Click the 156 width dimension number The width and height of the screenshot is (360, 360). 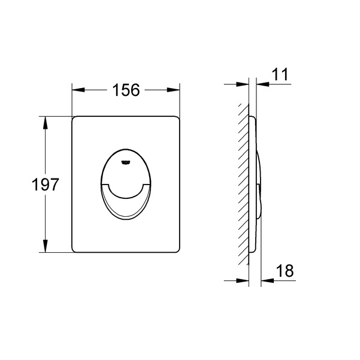click(126, 90)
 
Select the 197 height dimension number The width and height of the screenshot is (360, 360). click(46, 184)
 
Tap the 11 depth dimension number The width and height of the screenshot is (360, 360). click(280, 74)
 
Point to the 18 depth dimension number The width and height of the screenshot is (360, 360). click(285, 271)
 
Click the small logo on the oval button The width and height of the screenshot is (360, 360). click(126, 162)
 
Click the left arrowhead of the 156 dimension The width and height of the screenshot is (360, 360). click(78, 90)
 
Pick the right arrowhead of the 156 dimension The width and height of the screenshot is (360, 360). click(173, 90)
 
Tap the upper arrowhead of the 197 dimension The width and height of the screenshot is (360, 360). click(46, 123)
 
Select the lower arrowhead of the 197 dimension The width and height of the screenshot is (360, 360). click(46, 246)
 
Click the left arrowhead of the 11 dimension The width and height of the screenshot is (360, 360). click(243, 84)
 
